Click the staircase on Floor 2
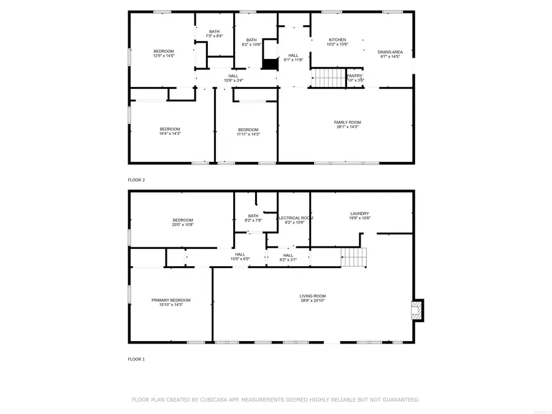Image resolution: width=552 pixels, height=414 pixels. pyautogui.click(x=326, y=79)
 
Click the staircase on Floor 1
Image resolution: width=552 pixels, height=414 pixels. pyautogui.click(x=354, y=258)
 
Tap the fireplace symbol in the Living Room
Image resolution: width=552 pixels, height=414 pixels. pyautogui.click(x=417, y=309)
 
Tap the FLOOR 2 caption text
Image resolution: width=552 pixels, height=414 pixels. pyautogui.click(x=136, y=180)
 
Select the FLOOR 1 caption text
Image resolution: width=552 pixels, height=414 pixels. pyautogui.click(x=136, y=359)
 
